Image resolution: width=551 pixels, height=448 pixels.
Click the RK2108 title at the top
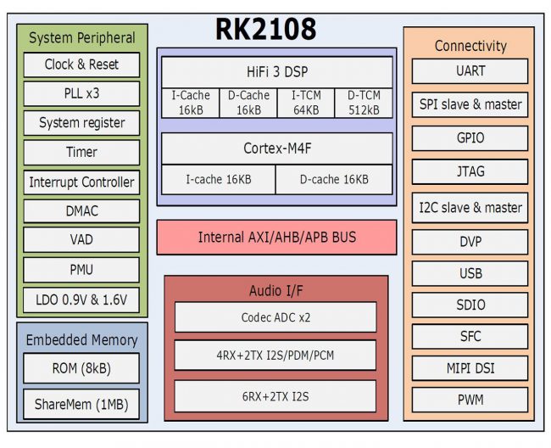pos(265,30)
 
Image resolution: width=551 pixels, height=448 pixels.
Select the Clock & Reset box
pos(81,64)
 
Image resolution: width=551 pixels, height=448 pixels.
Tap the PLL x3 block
pos(81,93)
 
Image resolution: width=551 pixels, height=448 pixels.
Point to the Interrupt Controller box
pos(81,182)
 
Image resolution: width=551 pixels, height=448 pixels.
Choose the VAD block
pos(81,240)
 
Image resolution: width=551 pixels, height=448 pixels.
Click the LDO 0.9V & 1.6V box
pos(81,299)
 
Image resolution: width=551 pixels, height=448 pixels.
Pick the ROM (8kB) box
pos(81,369)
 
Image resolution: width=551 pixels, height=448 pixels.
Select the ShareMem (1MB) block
pos(81,404)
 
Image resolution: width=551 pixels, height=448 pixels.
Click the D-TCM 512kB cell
pos(364,103)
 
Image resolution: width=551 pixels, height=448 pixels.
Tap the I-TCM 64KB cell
pos(306,103)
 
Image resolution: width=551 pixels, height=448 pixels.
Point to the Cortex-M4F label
pos(276,148)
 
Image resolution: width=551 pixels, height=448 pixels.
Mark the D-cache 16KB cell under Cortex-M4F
pos(334,179)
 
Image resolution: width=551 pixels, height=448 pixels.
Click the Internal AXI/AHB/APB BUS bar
pos(276,237)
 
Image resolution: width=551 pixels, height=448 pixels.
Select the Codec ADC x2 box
pos(275,316)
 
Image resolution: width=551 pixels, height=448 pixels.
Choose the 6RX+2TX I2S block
pos(275,396)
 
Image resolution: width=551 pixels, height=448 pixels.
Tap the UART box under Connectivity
pos(469,71)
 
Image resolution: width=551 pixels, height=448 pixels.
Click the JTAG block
pos(469,171)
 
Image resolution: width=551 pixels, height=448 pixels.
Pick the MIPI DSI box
pos(469,369)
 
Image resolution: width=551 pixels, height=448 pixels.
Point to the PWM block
pos(469,399)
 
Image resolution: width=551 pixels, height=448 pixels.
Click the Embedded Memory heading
pos(81,340)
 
